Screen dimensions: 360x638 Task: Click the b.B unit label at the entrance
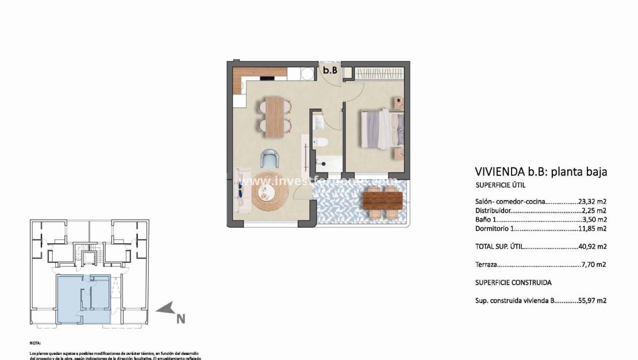329,71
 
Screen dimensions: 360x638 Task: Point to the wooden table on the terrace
383,200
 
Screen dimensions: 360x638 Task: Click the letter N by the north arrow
180,317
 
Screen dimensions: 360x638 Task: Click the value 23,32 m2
593,201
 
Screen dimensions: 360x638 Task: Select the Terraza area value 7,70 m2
594,265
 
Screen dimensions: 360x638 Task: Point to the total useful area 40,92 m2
593,246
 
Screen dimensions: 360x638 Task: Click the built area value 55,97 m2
593,300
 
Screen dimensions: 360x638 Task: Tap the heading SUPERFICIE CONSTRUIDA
513,282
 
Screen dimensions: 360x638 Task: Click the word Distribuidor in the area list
493,210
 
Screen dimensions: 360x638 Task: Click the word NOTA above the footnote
36,342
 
